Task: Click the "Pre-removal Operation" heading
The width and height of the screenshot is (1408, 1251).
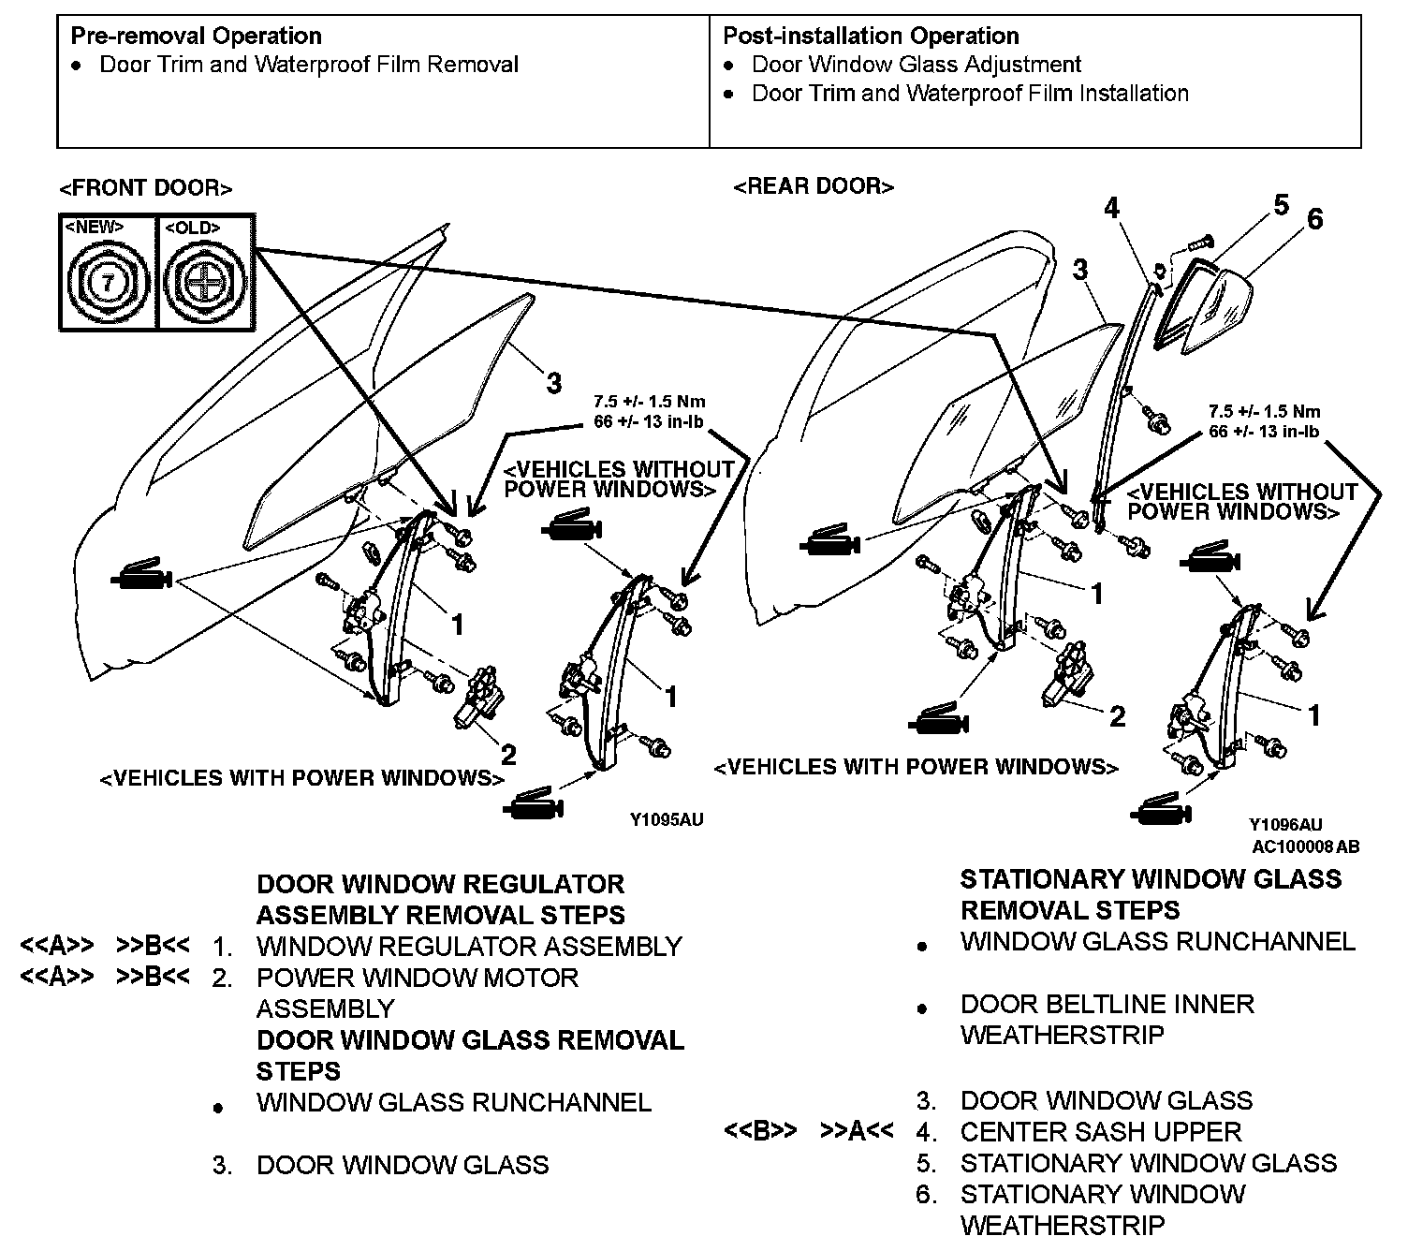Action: pyautogui.click(x=196, y=37)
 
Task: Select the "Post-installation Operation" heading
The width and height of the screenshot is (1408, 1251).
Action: pyautogui.click(x=871, y=37)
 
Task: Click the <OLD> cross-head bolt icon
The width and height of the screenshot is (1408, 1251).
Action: pyautogui.click(x=204, y=280)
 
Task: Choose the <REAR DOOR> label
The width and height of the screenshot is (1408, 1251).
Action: pyautogui.click(x=814, y=186)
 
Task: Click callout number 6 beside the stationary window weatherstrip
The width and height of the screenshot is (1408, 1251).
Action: pyautogui.click(x=1314, y=219)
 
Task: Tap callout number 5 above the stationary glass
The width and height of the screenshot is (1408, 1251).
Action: pyautogui.click(x=1281, y=205)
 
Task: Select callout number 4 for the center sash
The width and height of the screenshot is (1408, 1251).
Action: pyautogui.click(x=1111, y=208)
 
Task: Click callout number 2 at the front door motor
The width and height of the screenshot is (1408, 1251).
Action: pyautogui.click(x=508, y=754)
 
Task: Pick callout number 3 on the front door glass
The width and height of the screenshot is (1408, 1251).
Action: pyautogui.click(x=554, y=383)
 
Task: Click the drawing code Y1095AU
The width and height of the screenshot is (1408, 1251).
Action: pyautogui.click(x=666, y=820)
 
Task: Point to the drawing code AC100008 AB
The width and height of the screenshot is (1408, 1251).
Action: pyautogui.click(x=1306, y=846)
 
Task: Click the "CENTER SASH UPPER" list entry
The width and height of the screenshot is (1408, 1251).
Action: pyautogui.click(x=1100, y=1132)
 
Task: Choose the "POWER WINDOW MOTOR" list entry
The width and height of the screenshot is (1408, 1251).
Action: pyautogui.click(x=418, y=979)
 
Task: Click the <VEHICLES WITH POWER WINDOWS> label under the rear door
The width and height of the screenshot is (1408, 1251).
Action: pyautogui.click(x=916, y=768)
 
